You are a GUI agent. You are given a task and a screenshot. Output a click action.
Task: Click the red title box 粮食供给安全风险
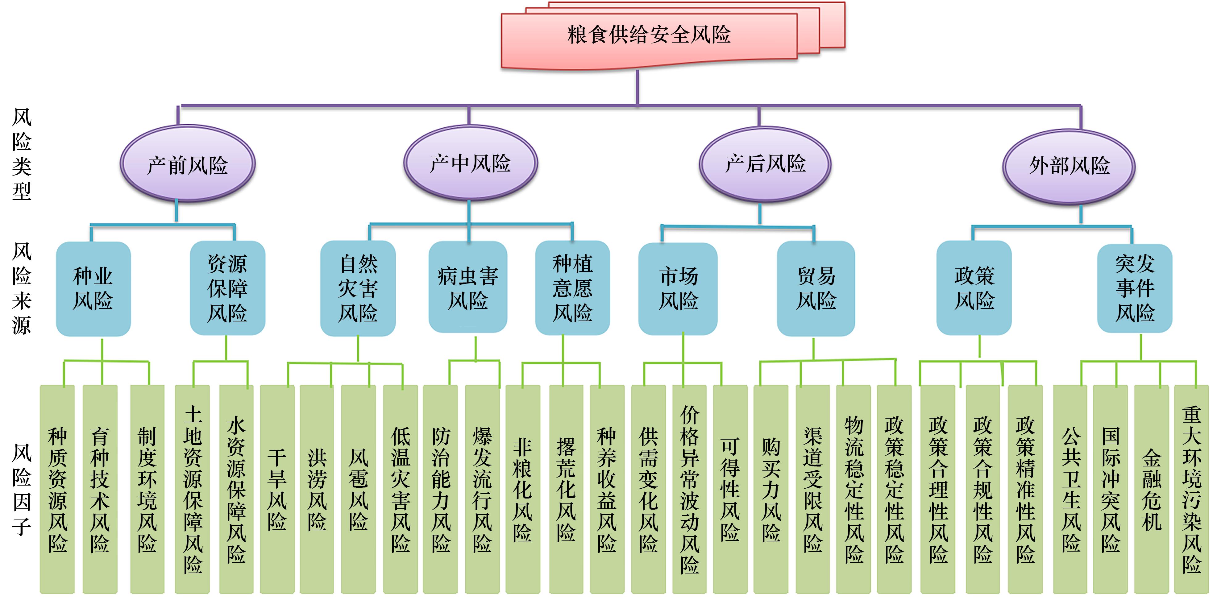pos(649,36)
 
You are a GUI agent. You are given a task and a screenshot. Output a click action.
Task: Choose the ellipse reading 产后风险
pos(765,163)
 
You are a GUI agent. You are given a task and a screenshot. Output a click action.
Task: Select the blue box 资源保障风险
pos(227,288)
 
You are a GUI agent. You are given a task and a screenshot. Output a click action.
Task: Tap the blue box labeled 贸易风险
pos(816,288)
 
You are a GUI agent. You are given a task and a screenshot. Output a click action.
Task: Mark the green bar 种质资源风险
pos(57,489)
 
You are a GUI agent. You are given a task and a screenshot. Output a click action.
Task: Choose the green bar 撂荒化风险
pos(566,489)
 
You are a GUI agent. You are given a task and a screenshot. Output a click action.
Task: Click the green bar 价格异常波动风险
pos(689,489)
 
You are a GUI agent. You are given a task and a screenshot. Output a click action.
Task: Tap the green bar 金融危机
pos(1151,489)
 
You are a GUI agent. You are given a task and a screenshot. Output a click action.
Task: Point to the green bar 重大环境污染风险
pos(1191,489)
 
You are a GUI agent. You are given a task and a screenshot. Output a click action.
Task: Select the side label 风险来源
pos(22,288)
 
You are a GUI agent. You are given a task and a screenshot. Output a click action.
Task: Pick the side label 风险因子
pos(22,489)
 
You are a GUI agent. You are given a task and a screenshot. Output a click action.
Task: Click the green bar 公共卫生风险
pos(1070,489)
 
